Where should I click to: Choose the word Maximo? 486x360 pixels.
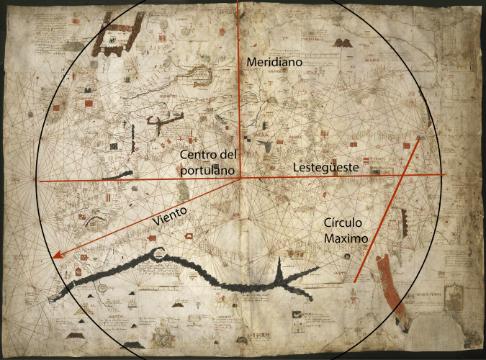(346, 237)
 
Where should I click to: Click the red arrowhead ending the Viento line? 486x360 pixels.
(56, 254)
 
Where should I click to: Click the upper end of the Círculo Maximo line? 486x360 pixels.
(419, 138)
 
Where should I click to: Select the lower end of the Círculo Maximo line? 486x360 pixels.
(355, 281)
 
